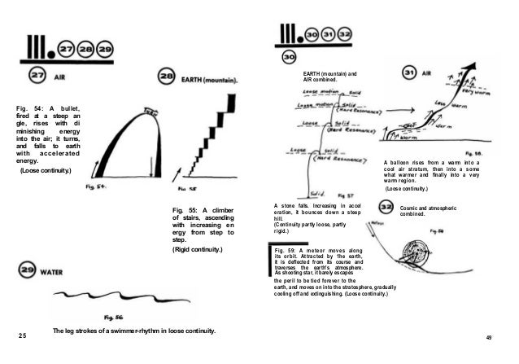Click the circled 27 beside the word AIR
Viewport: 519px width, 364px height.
36,75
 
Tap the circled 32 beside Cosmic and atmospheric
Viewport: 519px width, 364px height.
386,209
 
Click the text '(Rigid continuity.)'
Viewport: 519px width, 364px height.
198,248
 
